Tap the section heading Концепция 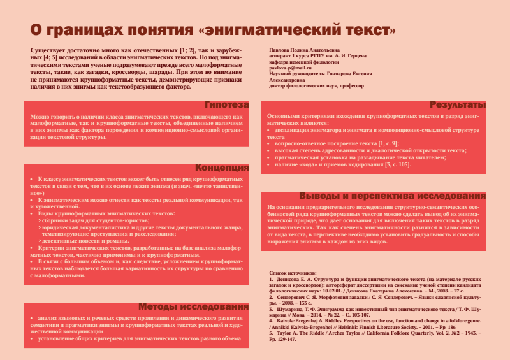222,168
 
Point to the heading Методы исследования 193,307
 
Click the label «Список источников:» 291,272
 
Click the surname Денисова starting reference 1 288,279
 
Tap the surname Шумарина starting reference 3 289,309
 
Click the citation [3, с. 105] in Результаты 397,165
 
